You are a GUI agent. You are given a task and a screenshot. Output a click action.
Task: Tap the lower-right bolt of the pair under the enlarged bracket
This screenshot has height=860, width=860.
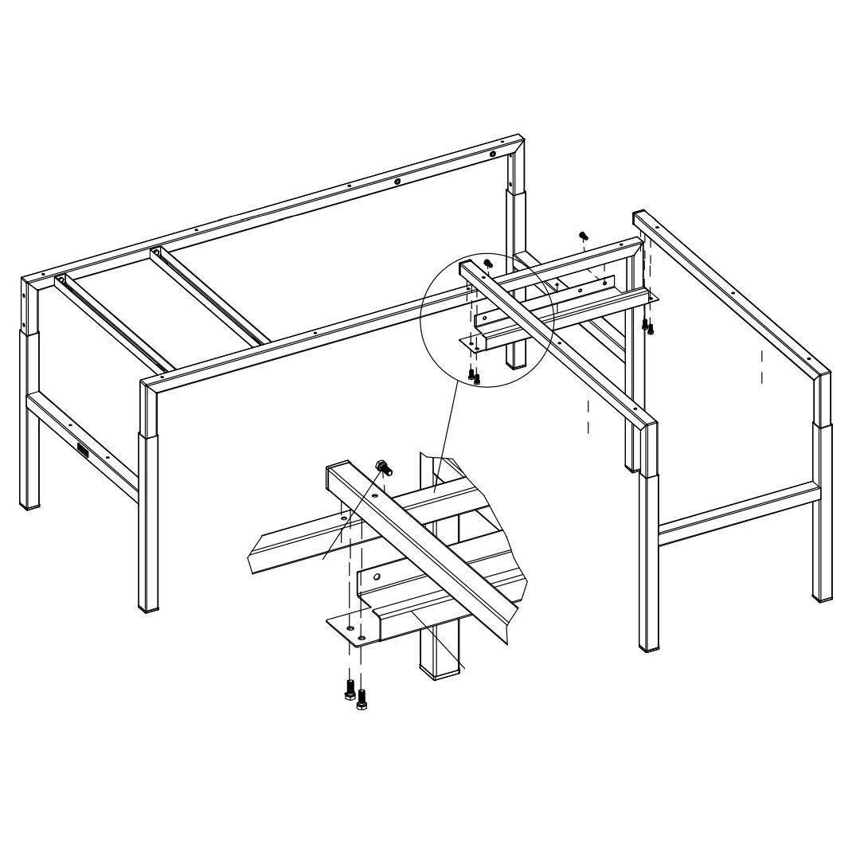(362, 698)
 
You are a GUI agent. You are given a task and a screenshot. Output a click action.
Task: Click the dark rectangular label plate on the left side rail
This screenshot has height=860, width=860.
(84, 451)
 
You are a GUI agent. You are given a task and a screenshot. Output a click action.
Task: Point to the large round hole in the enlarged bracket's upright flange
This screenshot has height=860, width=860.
(377, 575)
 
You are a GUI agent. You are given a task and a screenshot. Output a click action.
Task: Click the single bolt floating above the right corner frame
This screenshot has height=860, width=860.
(583, 235)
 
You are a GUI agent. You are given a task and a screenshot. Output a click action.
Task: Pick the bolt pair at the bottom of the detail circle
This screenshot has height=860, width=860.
(475, 375)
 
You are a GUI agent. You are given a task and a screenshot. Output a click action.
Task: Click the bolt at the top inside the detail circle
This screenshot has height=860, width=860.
(488, 264)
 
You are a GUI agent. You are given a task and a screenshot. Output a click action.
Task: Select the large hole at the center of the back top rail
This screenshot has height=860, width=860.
(397, 182)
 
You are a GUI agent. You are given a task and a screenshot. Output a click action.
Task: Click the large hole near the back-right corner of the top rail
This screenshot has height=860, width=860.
(494, 154)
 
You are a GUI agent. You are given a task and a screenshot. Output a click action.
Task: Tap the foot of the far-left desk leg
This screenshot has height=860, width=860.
(29, 503)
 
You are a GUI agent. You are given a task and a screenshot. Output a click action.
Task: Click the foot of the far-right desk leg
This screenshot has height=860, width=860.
(822, 595)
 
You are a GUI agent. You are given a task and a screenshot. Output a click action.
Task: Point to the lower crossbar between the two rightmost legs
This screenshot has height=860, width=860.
(737, 514)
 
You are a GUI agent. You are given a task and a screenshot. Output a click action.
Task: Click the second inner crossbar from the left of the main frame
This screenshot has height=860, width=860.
(209, 298)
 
